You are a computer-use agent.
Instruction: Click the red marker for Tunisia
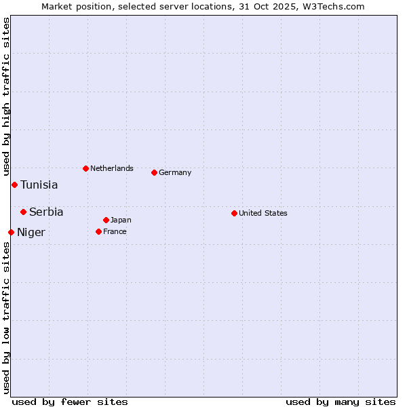(x=14, y=185)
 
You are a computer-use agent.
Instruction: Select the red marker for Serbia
(x=23, y=212)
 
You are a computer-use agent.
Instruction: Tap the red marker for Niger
(x=11, y=232)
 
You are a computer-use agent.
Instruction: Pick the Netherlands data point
(x=85, y=168)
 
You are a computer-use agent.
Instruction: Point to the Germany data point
(x=154, y=172)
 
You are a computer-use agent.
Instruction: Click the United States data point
(x=234, y=213)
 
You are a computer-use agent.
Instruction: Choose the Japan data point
(x=106, y=220)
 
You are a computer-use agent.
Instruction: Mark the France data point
(x=98, y=231)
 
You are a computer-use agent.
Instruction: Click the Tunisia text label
(x=39, y=185)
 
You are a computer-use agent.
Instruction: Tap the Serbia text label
(x=46, y=212)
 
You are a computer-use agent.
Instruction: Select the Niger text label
(x=31, y=232)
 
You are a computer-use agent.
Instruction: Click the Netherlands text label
(x=112, y=168)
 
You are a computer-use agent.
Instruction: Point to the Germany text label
(x=175, y=172)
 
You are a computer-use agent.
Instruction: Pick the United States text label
(x=263, y=213)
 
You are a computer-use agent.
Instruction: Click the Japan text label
(x=121, y=220)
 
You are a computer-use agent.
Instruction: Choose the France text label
(x=115, y=231)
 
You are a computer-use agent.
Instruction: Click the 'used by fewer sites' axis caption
(x=70, y=402)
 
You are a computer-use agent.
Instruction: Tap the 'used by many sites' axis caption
(x=341, y=402)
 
